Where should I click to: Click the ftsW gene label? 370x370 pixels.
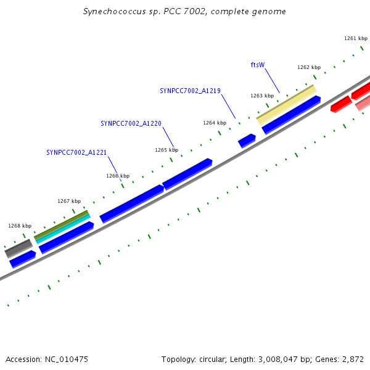click(x=257, y=65)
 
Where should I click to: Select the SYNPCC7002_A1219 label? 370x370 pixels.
click(x=190, y=91)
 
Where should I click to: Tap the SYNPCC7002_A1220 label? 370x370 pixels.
click(x=131, y=123)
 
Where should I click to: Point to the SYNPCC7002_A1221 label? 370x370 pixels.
click(x=76, y=152)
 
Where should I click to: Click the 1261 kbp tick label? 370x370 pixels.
click(x=356, y=38)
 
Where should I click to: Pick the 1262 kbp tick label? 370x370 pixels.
click(x=309, y=67)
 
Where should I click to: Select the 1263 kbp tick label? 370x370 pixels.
click(x=262, y=96)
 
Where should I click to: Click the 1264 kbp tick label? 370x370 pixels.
click(x=215, y=123)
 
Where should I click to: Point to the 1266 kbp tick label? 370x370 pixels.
click(x=118, y=176)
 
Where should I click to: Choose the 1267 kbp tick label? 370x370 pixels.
click(x=69, y=201)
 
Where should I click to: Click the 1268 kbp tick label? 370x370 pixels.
click(x=20, y=226)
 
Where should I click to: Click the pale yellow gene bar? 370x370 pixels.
click(x=287, y=103)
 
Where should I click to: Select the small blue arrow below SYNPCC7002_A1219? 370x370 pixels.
click(x=247, y=141)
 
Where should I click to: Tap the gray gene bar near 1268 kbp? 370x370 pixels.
click(x=18, y=248)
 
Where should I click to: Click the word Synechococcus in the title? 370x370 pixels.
click(x=110, y=12)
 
